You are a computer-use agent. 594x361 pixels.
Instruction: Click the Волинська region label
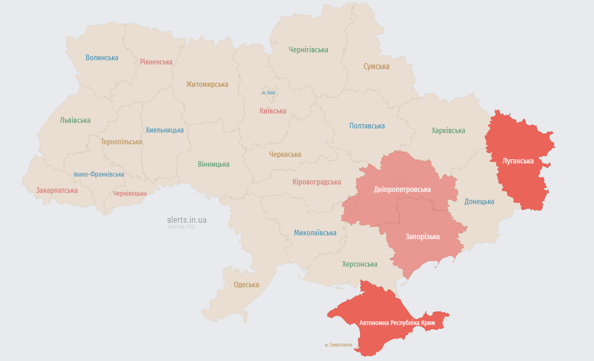pos(101,58)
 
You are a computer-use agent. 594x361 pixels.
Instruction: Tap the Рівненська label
pos(156,62)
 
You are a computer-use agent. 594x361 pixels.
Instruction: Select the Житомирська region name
pos(207,85)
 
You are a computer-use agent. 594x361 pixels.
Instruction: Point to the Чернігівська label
pos(308,50)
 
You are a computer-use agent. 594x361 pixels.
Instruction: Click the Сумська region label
pos(377,66)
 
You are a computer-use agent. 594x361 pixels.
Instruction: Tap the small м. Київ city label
pos(268,92)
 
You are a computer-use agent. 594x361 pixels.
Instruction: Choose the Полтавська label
pos(367,126)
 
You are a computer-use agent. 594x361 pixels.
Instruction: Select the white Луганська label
pos(518,161)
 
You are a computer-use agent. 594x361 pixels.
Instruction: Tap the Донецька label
pos(479,202)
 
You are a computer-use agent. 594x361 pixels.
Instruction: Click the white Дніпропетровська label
pos(402,190)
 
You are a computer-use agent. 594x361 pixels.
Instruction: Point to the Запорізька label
pos(422,237)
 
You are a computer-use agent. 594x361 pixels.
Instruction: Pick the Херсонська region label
pos(360,264)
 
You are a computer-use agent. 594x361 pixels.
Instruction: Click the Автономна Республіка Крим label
pos(397,323)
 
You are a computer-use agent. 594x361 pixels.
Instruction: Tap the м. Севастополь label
pos(339,345)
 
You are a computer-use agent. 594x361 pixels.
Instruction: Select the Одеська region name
pos(246,285)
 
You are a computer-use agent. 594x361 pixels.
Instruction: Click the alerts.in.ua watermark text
pos(187,219)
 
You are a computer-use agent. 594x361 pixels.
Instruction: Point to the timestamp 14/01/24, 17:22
pos(181,227)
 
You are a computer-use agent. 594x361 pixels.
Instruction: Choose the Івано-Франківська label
pos(99,174)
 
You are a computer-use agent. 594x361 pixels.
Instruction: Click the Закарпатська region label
pos(57,191)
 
